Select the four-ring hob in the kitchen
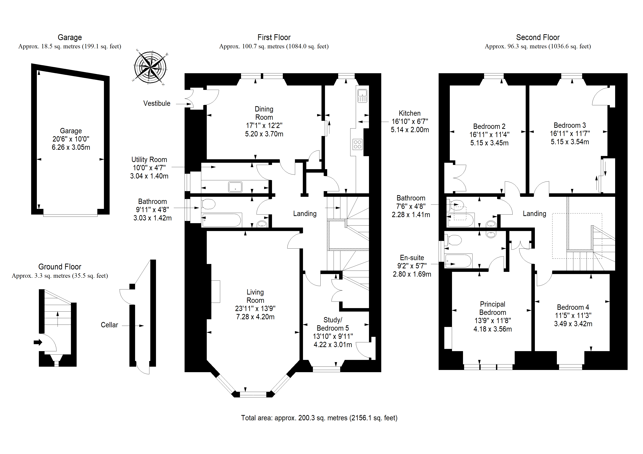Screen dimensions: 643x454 click(x=357, y=144)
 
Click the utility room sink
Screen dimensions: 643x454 click(x=235, y=187)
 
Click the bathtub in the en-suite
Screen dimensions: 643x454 click(x=458, y=261)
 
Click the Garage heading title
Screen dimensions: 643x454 click(x=70, y=37)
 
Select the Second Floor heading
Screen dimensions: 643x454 click(x=538, y=37)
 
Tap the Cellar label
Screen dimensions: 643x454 click(x=109, y=325)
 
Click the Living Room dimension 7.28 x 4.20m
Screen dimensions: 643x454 click(x=255, y=317)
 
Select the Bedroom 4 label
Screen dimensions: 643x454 click(x=573, y=307)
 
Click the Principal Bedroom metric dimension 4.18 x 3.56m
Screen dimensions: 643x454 click(x=493, y=329)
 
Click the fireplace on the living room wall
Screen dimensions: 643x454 click(x=215, y=291)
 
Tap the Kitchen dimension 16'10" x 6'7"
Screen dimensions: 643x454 click(x=410, y=121)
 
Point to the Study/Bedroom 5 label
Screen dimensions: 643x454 click(x=333, y=324)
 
